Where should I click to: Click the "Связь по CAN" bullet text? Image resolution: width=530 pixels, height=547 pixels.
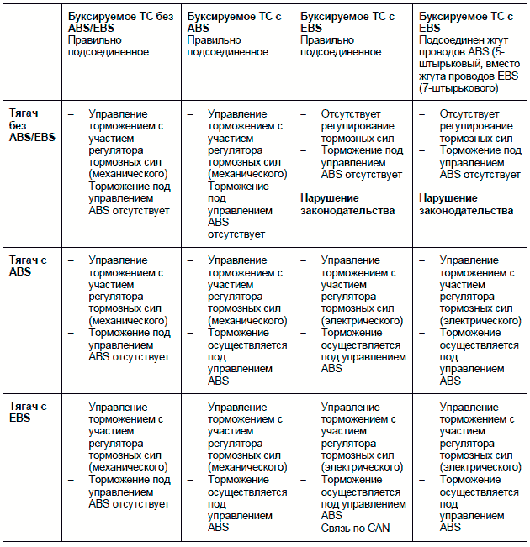tap(356, 528)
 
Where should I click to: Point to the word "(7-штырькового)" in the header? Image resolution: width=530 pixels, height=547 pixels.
tap(457, 87)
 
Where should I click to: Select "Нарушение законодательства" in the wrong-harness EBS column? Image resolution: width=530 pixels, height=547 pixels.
tap(466, 204)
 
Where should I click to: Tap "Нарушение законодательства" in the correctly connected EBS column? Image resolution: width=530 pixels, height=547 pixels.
tap(347, 204)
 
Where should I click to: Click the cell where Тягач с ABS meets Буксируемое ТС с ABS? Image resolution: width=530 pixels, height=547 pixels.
tap(240, 319)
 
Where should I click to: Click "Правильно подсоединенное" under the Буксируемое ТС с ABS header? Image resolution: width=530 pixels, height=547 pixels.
tap(227, 45)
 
